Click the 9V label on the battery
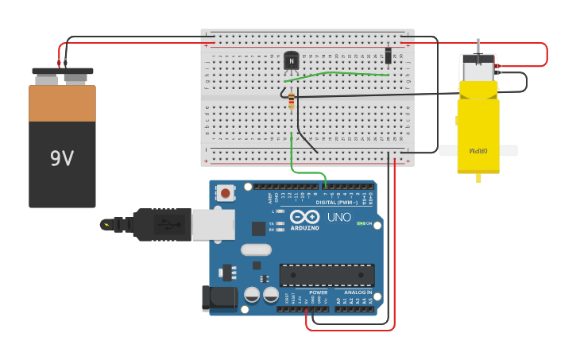tap(62, 158)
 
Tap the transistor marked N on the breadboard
tap(292, 60)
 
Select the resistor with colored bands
tap(291, 99)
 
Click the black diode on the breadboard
tap(388, 55)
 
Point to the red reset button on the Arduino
tap(226, 193)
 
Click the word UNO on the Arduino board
tap(339, 217)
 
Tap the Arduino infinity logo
tap(304, 216)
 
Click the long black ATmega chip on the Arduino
tap(327, 275)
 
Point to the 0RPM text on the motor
tap(477, 149)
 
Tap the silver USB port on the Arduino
tap(214, 224)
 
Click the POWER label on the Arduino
tap(318, 292)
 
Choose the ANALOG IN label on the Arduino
tap(358, 292)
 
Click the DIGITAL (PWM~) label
tap(337, 202)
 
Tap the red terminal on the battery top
tap(59, 63)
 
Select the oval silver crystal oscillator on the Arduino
tap(256, 250)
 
